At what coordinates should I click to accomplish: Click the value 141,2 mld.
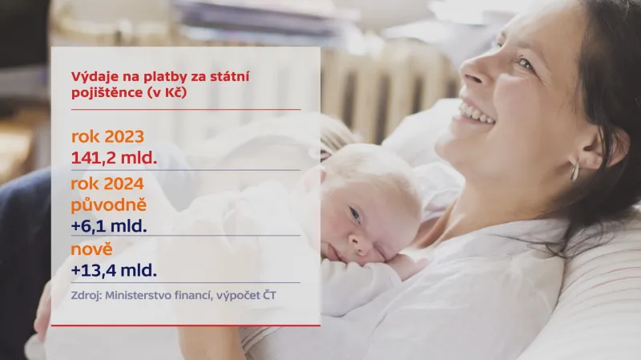click(114, 156)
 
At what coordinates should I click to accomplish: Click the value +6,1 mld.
click(109, 225)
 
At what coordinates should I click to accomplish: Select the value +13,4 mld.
click(114, 269)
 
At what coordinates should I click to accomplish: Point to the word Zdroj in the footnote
click(87, 296)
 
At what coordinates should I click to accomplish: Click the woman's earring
click(573, 169)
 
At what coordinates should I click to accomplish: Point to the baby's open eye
click(354, 214)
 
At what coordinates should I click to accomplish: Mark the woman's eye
click(525, 63)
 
